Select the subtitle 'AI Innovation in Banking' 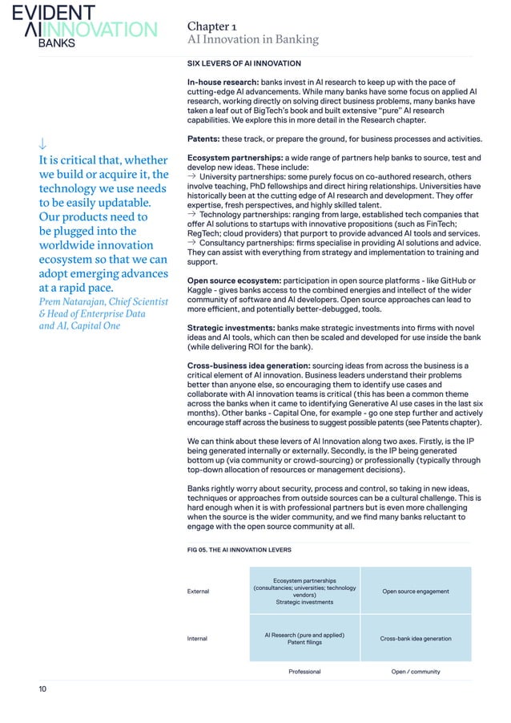[x=252, y=39]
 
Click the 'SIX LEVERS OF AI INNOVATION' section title [x=243, y=63]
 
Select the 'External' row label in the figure [x=198, y=592]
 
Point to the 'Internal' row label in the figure [x=197, y=639]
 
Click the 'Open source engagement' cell [x=415, y=592]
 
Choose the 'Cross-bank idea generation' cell [x=415, y=639]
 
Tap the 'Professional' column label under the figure [x=304, y=672]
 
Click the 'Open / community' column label [x=415, y=672]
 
